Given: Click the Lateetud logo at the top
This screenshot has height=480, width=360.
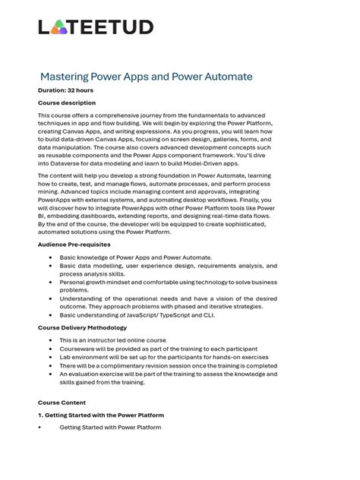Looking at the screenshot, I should click(x=96, y=27).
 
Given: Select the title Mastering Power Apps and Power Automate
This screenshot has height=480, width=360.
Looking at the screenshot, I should click(x=146, y=77).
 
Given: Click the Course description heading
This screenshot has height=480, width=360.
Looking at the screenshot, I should click(x=67, y=103).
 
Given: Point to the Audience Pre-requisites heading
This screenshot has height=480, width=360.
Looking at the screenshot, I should click(x=74, y=245).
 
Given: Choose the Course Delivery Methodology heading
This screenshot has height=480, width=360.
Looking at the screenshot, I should click(x=82, y=327).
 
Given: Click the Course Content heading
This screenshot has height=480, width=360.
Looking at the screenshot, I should click(x=62, y=403).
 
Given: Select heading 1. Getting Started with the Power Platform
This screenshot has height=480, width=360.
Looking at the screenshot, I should click(x=100, y=415).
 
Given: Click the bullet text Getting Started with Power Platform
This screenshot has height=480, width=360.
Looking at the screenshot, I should click(x=110, y=428).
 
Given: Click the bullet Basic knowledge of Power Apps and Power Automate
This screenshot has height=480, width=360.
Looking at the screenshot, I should click(x=136, y=258).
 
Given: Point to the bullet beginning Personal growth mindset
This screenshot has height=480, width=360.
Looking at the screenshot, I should click(x=168, y=286).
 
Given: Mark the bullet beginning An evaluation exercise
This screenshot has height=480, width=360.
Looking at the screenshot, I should click(x=168, y=378).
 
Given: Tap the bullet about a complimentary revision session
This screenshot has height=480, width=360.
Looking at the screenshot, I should click(x=168, y=365).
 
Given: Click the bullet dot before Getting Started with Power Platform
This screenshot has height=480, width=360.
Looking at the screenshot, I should click(x=39, y=428).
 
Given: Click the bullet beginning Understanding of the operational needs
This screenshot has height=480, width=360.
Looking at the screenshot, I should click(x=168, y=302).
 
